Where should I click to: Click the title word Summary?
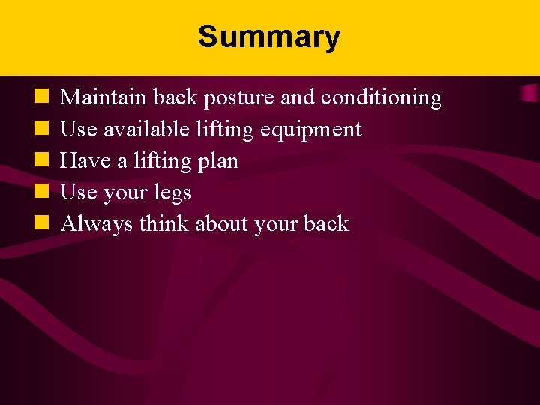pyautogui.click(x=269, y=37)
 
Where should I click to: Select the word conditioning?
pyautogui.click(x=381, y=98)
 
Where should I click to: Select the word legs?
pyautogui.click(x=171, y=193)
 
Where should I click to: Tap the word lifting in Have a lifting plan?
pyautogui.click(x=159, y=162)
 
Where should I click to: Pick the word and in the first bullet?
pyautogui.click(x=298, y=97)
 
